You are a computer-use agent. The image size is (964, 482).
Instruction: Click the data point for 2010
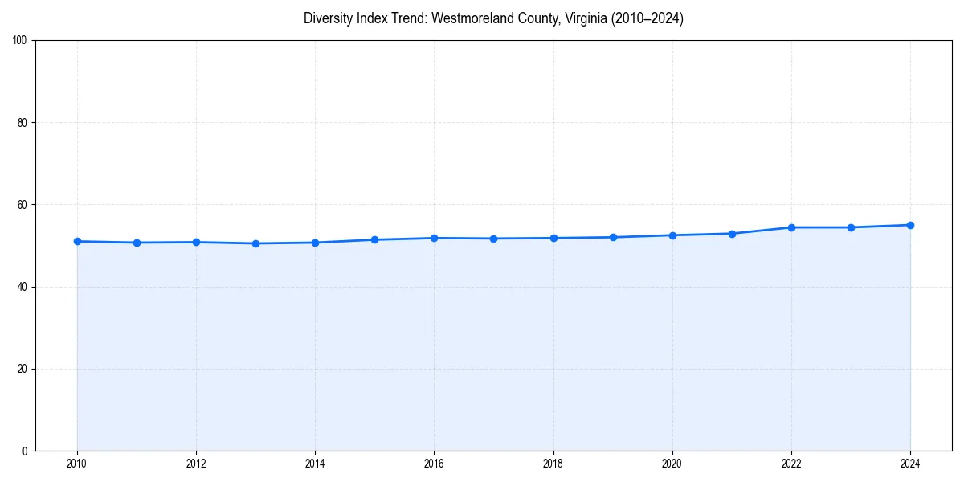77,241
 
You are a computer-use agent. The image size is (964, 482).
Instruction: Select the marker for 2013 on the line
255,243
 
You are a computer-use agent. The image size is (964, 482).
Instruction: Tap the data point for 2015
374,239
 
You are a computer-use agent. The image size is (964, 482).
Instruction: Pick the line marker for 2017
493,239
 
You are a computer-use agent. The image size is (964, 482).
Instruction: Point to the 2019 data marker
613,237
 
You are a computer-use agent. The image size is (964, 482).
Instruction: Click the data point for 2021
732,234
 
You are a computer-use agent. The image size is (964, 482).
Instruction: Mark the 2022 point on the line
791,227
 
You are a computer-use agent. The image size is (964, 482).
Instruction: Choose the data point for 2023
851,227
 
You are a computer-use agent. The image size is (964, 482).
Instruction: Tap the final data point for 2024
910,225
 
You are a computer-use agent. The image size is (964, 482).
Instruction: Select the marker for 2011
137,243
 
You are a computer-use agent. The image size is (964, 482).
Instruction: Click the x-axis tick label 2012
196,464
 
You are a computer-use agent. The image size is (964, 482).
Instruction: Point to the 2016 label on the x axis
434,464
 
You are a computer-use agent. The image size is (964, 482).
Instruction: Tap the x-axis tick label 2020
672,464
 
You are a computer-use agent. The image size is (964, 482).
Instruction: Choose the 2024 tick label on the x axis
910,464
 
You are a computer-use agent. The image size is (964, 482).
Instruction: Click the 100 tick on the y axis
21,41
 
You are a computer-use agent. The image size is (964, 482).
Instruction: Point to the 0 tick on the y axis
26,451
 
